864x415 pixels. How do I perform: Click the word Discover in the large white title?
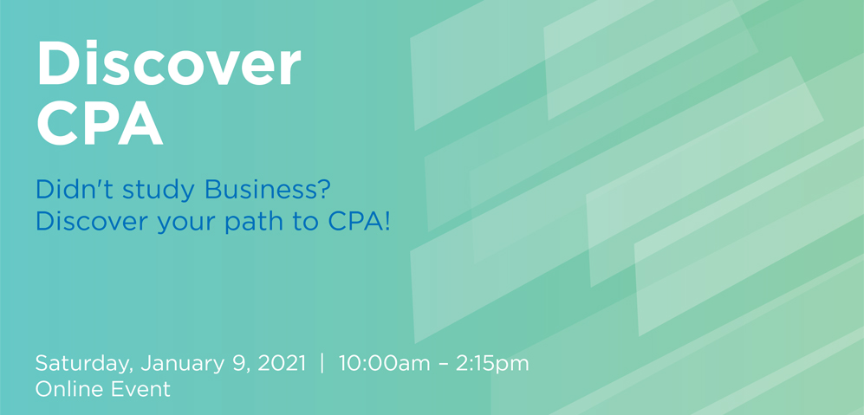[x=169, y=63]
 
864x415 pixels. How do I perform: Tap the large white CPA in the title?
[x=100, y=122]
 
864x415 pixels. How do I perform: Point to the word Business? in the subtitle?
[x=267, y=190]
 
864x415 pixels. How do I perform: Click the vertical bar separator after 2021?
[x=322, y=364]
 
